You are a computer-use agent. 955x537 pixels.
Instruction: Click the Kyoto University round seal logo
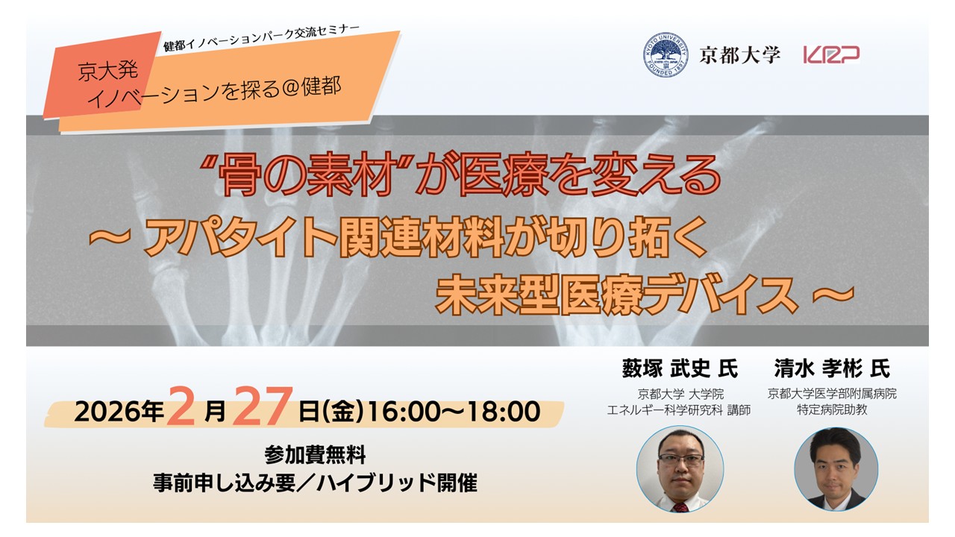pyautogui.click(x=666, y=55)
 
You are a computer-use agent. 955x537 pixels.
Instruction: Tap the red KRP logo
pyautogui.click(x=831, y=55)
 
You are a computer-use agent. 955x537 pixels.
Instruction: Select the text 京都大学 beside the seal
pyautogui.click(x=739, y=55)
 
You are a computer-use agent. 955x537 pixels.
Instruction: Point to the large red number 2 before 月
pyautogui.click(x=181, y=406)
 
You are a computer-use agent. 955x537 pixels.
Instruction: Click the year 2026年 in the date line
pyautogui.click(x=119, y=412)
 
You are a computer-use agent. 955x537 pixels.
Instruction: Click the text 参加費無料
pyautogui.click(x=315, y=455)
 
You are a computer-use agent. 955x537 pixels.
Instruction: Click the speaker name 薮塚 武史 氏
pyautogui.click(x=680, y=368)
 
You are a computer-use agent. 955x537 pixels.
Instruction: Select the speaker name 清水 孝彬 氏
pyautogui.click(x=832, y=368)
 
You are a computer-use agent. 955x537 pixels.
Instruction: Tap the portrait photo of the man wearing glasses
pyautogui.click(x=680, y=469)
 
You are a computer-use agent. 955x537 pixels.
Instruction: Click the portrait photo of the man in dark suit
pyautogui.click(x=836, y=469)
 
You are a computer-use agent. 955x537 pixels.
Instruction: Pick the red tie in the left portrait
pyautogui.click(x=680, y=507)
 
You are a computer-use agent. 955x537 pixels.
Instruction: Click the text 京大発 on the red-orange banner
pyautogui.click(x=108, y=71)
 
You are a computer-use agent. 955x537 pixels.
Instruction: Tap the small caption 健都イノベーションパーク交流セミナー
pyautogui.click(x=261, y=38)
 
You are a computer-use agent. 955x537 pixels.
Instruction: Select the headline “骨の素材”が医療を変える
pyautogui.click(x=460, y=175)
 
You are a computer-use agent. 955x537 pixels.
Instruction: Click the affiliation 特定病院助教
pyautogui.click(x=832, y=410)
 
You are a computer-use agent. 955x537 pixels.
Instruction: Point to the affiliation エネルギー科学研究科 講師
pyautogui.click(x=678, y=410)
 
